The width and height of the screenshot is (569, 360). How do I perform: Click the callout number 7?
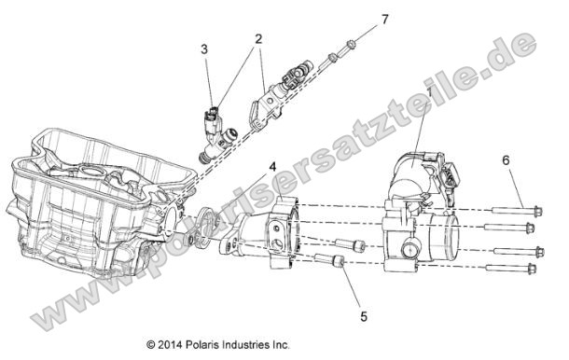pos(382,19)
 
